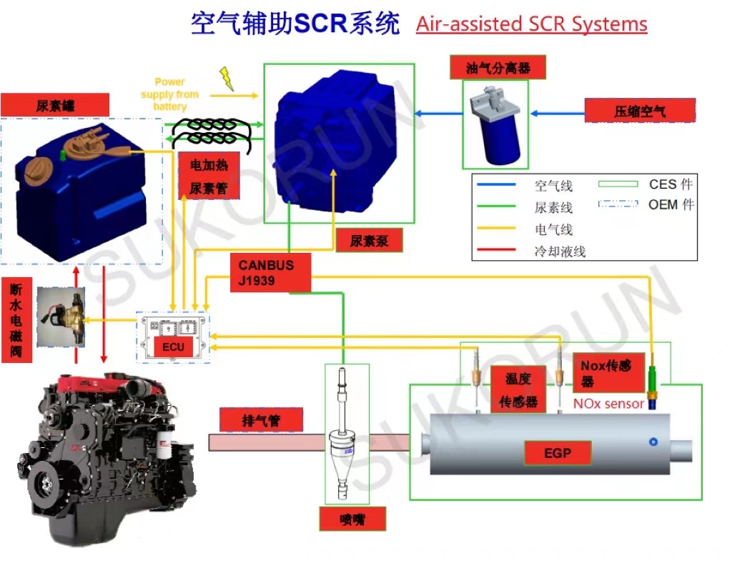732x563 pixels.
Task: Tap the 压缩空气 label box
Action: [640, 111]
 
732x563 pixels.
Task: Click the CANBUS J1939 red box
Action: [270, 272]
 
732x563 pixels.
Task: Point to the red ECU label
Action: [173, 347]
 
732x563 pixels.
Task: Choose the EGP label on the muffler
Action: [558, 453]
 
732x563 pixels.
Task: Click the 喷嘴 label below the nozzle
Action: [352, 519]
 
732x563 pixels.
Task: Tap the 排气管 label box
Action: [261, 421]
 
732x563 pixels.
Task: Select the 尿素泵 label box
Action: [369, 241]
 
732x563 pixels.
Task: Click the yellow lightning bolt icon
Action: [227, 78]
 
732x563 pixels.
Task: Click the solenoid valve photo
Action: [61, 317]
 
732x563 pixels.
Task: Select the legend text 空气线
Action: [553, 186]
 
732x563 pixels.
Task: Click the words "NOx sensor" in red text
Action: [608, 404]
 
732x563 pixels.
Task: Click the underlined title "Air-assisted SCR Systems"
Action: [531, 24]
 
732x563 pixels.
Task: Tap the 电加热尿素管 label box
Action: [209, 176]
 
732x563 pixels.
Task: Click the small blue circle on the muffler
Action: [653, 442]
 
